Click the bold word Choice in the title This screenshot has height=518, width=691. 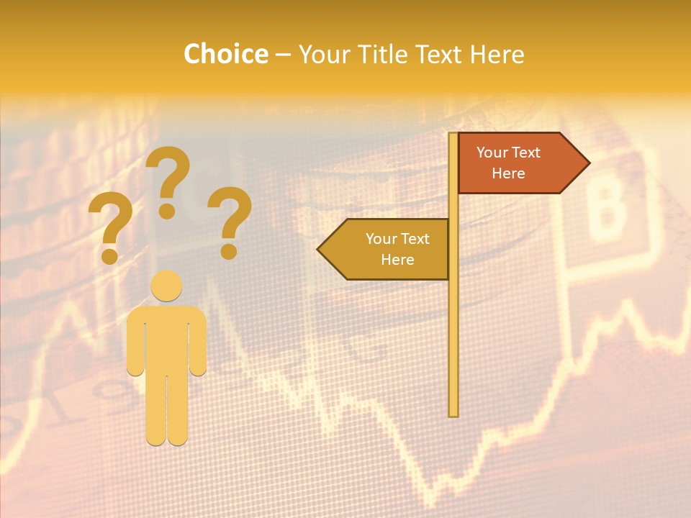click(225, 54)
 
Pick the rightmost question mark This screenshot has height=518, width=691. click(230, 222)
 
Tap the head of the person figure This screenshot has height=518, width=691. click(167, 286)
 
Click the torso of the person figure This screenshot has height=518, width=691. click(167, 338)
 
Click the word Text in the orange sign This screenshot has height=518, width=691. click(526, 153)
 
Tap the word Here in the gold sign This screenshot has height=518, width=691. click(397, 260)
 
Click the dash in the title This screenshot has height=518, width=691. click(283, 55)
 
